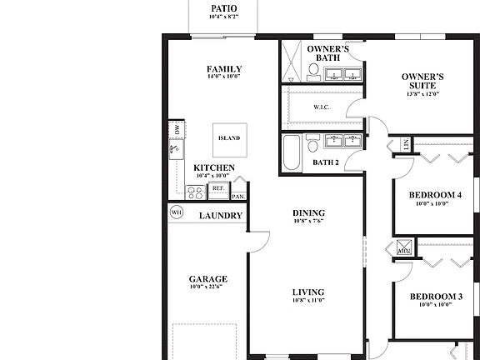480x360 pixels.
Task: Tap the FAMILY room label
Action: click(x=224, y=69)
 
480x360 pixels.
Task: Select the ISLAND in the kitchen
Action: click(x=228, y=138)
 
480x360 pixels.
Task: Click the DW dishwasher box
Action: click(x=177, y=129)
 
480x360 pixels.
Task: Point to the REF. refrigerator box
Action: click(x=218, y=189)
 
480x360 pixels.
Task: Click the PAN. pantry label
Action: click(x=238, y=197)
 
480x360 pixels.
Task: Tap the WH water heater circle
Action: click(x=176, y=213)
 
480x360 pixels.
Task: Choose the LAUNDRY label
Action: click(x=221, y=216)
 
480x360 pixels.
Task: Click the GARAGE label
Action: click(x=207, y=279)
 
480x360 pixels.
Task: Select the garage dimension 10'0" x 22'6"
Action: click(x=207, y=288)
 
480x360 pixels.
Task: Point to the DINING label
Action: click(x=308, y=212)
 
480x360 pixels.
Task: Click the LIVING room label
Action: click(x=308, y=292)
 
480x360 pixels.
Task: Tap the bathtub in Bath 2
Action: click(x=292, y=153)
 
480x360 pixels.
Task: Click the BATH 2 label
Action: click(x=326, y=163)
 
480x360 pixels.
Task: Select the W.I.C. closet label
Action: click(x=322, y=107)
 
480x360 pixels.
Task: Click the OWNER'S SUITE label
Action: click(x=422, y=82)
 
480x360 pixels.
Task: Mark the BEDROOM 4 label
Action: click(x=435, y=196)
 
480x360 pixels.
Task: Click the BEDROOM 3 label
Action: click(x=435, y=296)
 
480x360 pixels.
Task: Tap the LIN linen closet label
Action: click(x=406, y=143)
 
